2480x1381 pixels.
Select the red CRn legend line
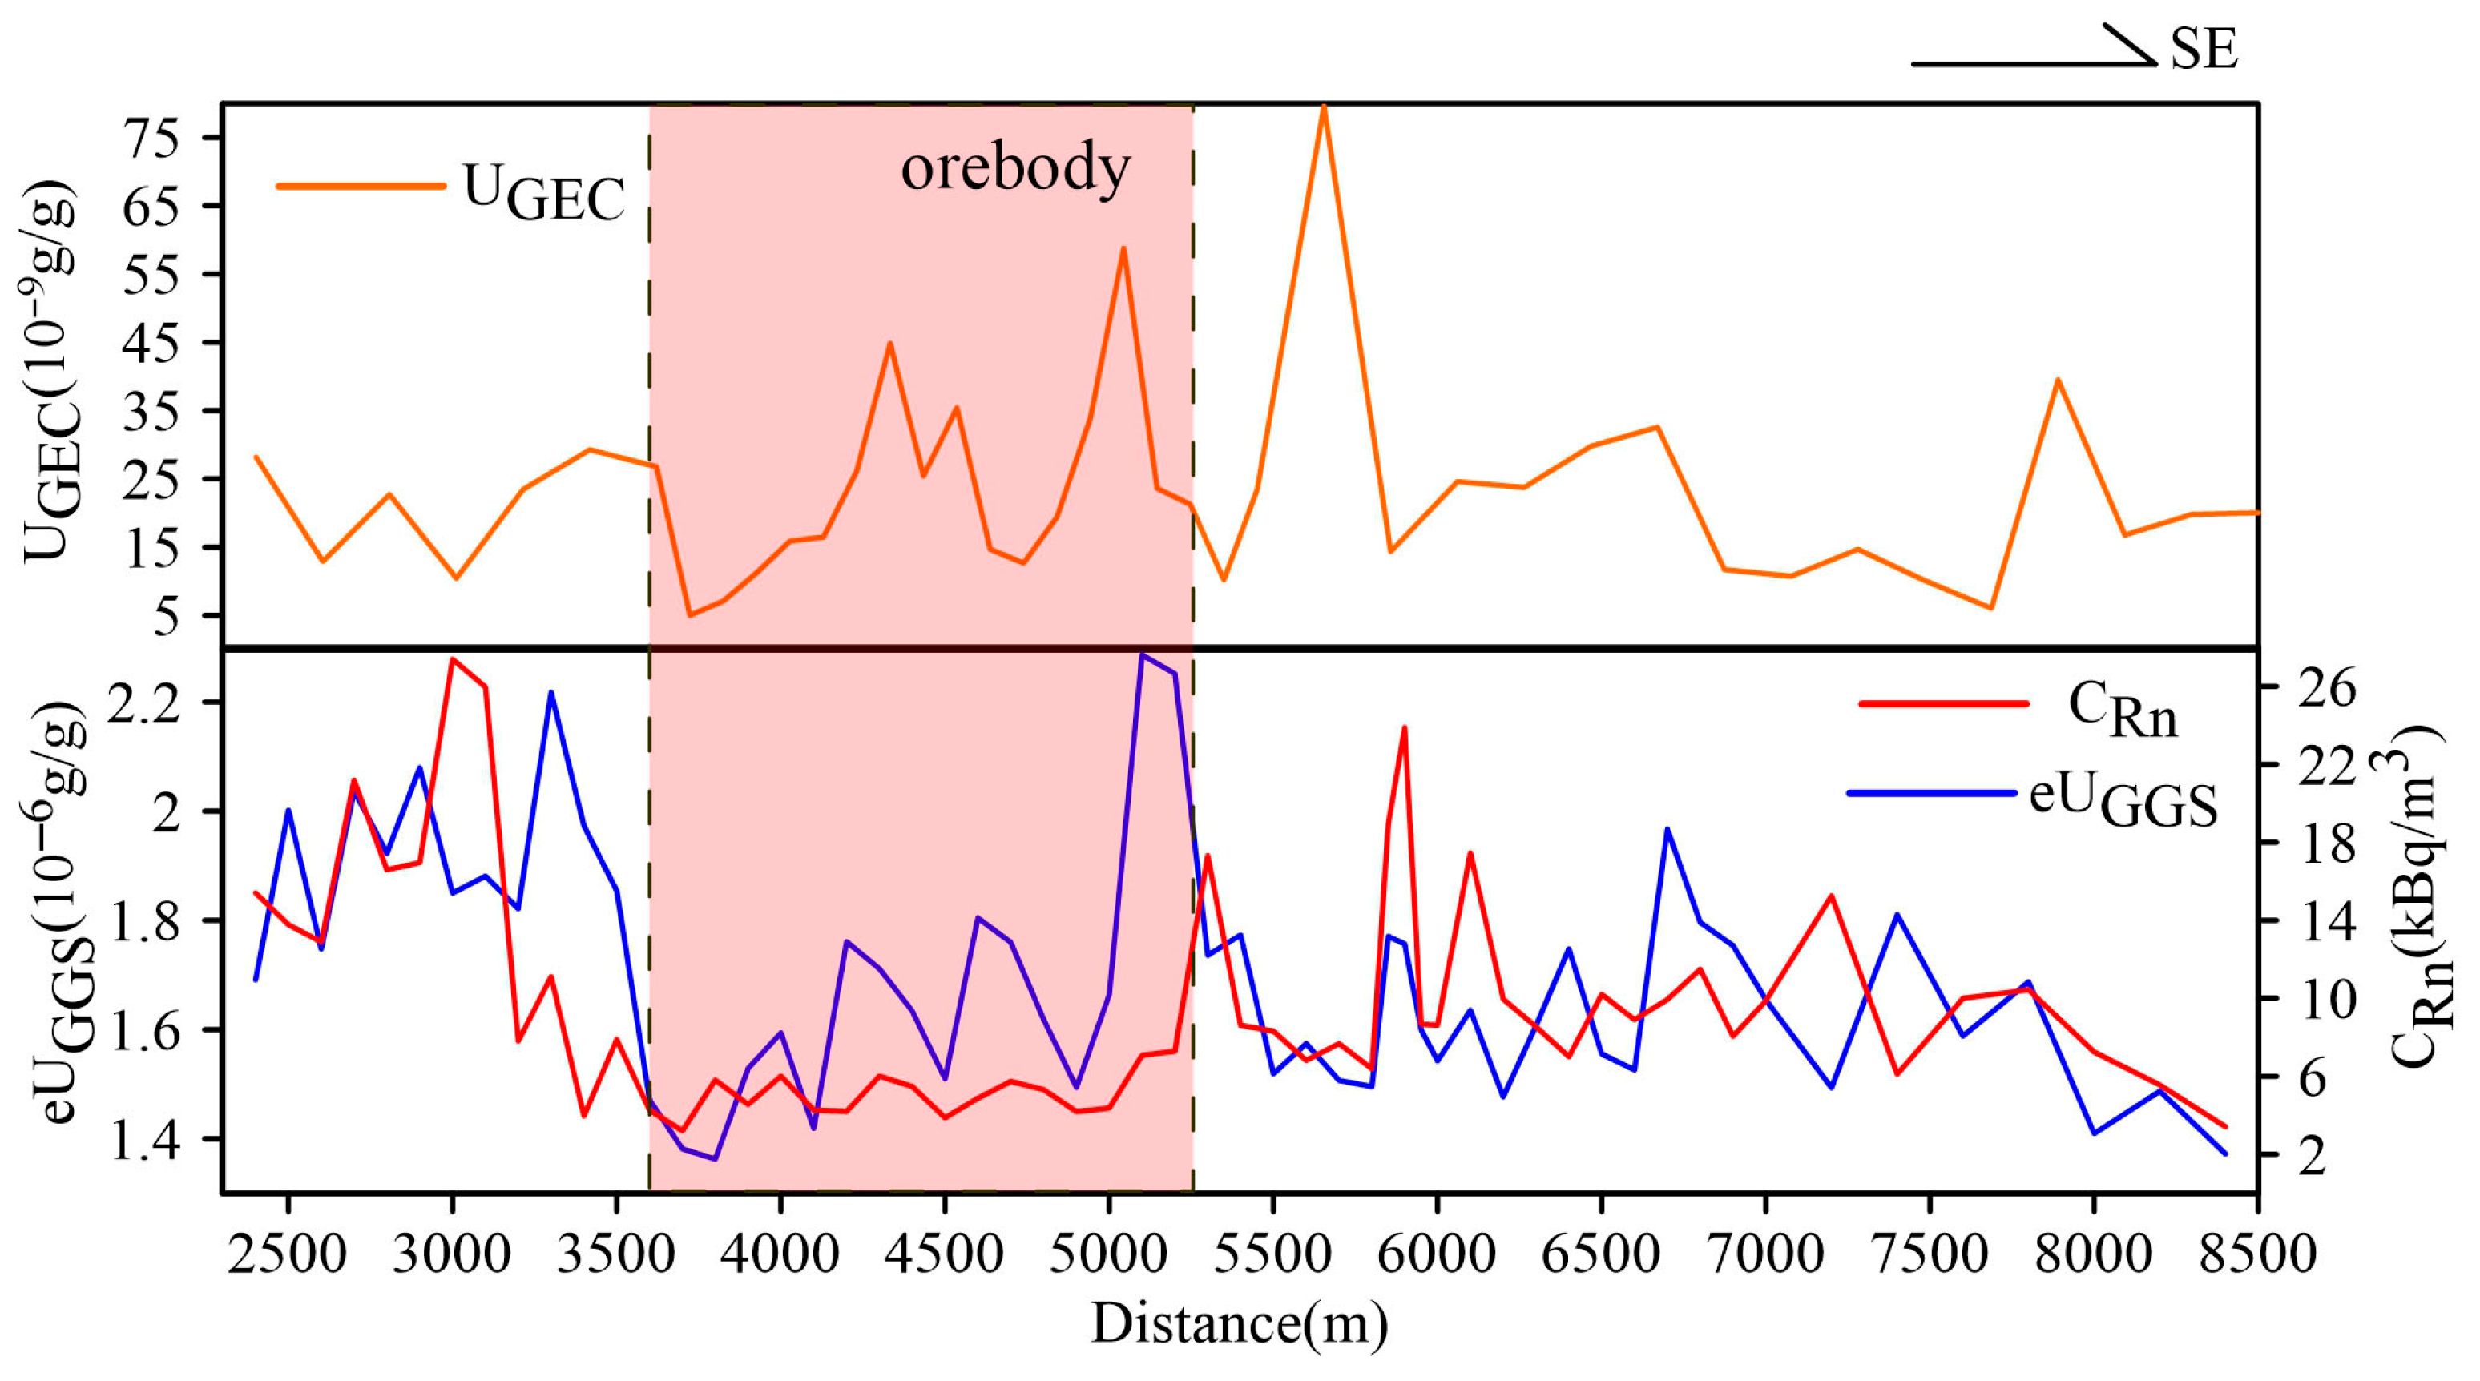[x=1944, y=703]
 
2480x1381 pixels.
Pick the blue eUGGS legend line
[x=1931, y=793]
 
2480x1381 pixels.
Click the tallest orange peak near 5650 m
[x=1324, y=106]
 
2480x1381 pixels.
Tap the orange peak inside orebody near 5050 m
[x=1123, y=248]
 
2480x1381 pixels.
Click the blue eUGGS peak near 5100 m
[x=1142, y=654]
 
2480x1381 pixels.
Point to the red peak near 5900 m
[x=1405, y=727]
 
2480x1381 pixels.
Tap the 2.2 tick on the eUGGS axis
[x=144, y=702]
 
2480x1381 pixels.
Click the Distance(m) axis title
[x=1239, y=1323]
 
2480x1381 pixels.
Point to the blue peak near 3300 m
[x=550, y=692]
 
